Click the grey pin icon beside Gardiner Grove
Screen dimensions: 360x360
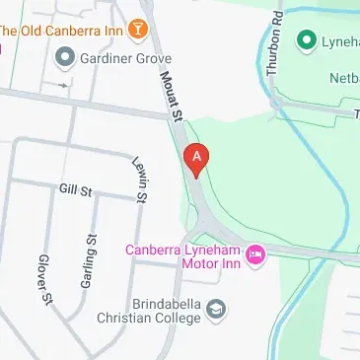coord(67,58)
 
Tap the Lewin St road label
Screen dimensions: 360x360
coord(140,183)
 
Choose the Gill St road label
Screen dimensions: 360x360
coord(75,187)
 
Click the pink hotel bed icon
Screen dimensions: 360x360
coord(256,255)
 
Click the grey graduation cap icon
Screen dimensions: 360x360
coord(216,312)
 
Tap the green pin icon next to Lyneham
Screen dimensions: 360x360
coord(307,40)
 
